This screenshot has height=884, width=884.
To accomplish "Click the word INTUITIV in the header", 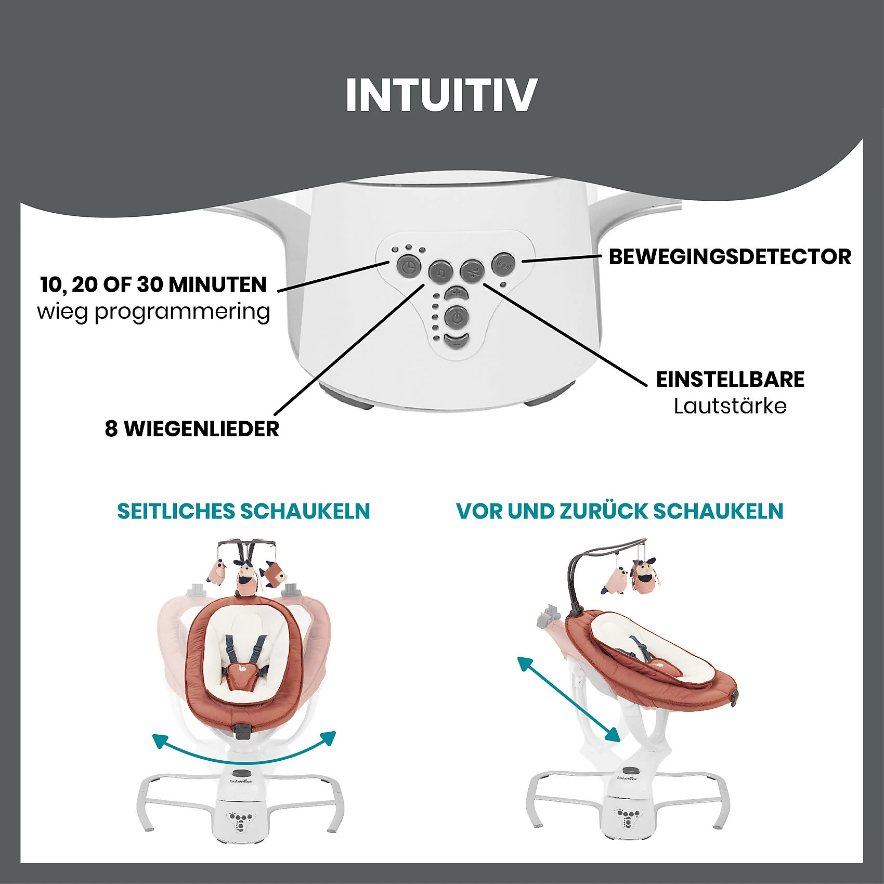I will pos(441,95).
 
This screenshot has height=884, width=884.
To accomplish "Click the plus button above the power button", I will pos(456,293).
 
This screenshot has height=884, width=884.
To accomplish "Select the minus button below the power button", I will pos(456,341).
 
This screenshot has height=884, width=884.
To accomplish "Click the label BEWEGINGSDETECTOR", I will pos(730,257).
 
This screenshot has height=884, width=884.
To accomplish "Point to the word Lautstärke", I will pos(730,406).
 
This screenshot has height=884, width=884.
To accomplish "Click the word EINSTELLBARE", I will pos(730,380).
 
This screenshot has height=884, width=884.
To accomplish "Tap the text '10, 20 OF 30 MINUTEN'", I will pos(153,285).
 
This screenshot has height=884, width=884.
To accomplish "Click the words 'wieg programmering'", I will pos(153,311).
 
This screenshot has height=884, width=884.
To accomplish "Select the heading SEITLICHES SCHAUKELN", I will pos(243,511).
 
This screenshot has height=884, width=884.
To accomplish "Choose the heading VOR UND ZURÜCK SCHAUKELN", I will pos(619,511).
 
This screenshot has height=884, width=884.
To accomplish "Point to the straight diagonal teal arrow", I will pos(568,699).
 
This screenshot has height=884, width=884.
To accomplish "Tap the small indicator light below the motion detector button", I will pos(502,285).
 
